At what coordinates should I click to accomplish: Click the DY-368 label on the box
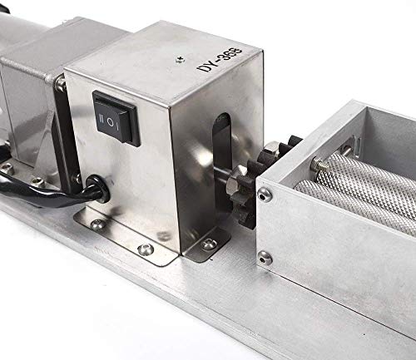pos(220,60)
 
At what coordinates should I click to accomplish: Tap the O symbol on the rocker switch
pos(110,121)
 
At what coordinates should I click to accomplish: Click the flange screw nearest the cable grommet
pos(97,224)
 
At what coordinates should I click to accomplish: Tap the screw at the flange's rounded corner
pos(146,249)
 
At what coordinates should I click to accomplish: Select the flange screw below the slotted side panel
pos(209,244)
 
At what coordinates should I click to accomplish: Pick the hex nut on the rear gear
pos(272,148)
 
